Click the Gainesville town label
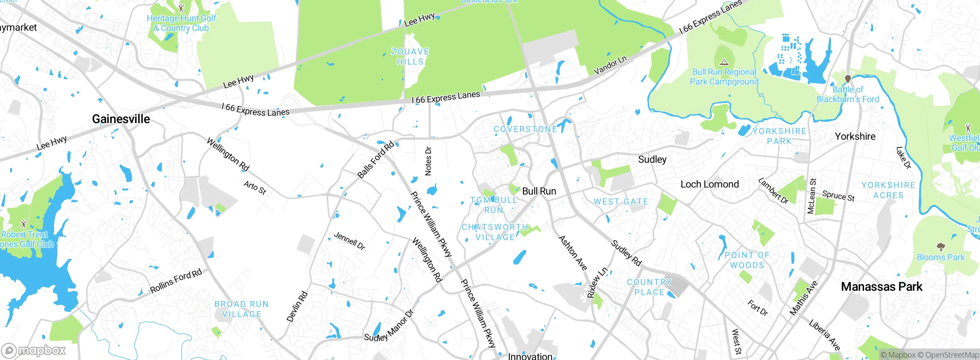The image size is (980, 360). (121, 119)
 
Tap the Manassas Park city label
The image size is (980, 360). (882, 287)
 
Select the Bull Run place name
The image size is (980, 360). (539, 191)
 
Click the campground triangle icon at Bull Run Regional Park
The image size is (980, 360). (724, 62)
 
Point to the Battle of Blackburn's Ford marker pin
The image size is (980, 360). (848, 79)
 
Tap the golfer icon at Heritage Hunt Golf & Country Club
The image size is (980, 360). (181, 8)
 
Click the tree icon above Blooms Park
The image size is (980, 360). (941, 247)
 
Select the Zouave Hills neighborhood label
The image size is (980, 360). (410, 57)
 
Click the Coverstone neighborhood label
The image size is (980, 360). (525, 129)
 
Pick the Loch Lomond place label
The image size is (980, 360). (709, 184)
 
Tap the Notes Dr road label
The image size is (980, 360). (428, 161)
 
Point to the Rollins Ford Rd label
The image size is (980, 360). (176, 281)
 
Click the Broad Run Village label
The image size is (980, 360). (242, 309)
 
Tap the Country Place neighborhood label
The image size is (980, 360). (649, 287)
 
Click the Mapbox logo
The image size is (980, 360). (34, 350)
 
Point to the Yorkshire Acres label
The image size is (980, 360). (888, 190)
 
